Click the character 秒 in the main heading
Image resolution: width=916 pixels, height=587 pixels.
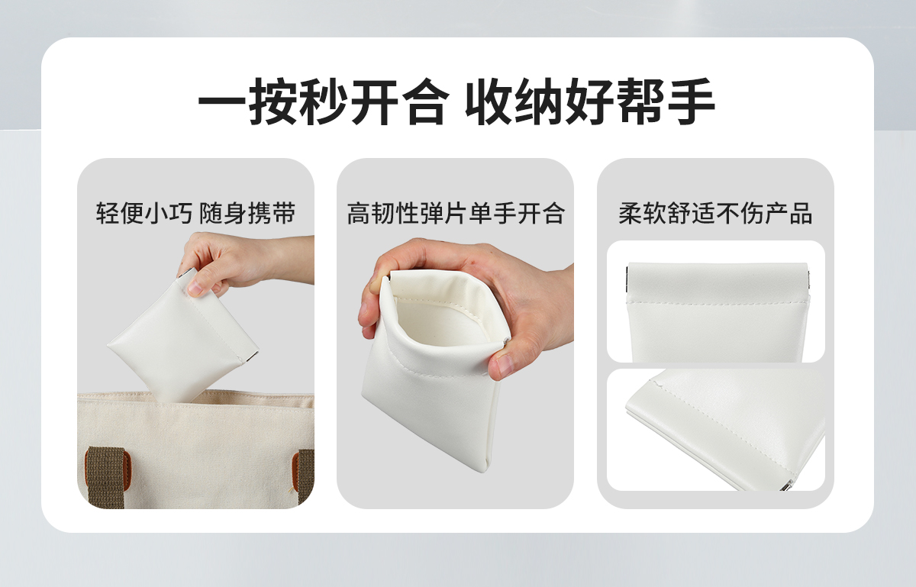point(324,101)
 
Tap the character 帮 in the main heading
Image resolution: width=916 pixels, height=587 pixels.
point(640,101)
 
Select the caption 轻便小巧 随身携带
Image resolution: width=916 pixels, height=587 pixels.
point(195,213)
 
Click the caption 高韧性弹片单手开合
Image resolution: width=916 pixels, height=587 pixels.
point(456,213)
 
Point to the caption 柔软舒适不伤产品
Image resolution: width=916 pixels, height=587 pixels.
point(715,213)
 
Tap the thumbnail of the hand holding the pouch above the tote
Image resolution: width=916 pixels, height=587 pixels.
point(195,334)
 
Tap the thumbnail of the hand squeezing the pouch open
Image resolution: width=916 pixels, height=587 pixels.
point(455,334)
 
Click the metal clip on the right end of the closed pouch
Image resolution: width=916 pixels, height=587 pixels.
point(808,282)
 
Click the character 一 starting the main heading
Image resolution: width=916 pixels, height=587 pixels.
point(222,101)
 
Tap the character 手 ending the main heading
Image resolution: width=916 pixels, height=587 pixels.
point(692,101)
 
